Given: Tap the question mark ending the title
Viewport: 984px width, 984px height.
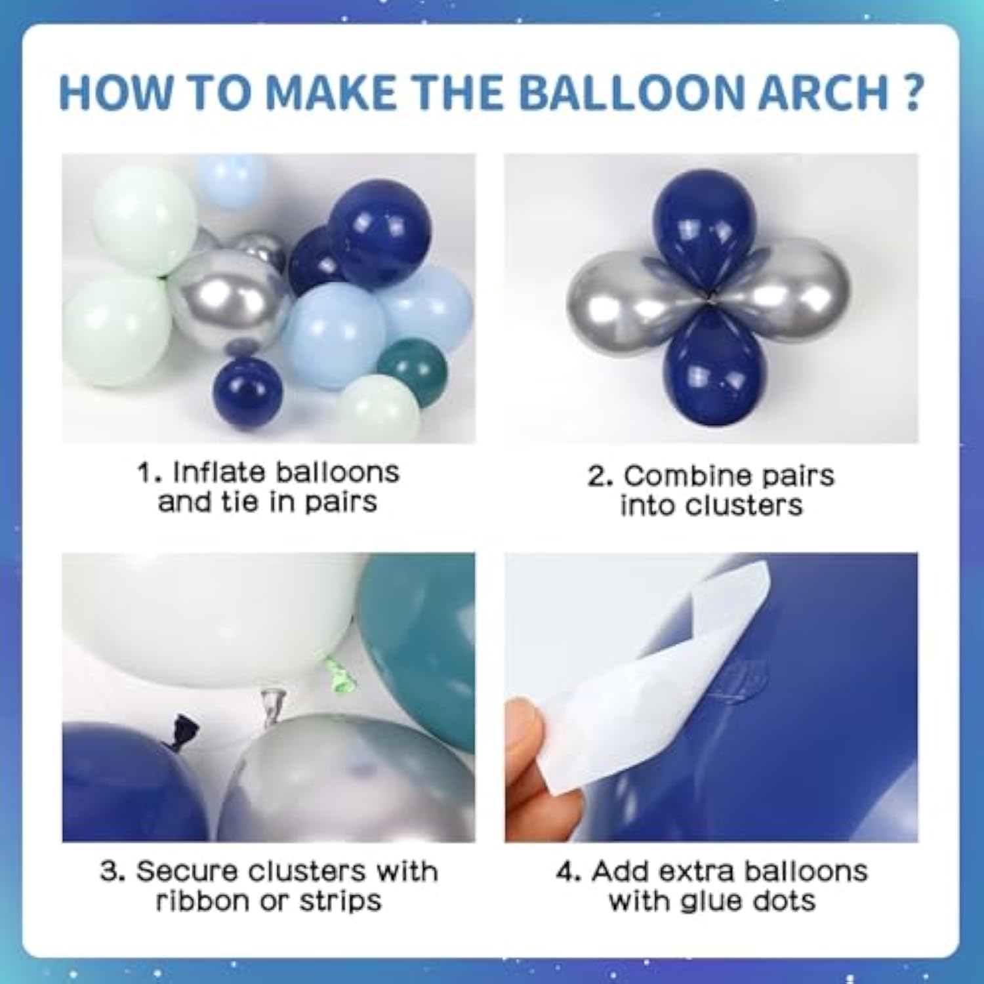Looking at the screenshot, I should (913, 93).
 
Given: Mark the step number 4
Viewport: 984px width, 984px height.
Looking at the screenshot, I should (565, 872).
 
